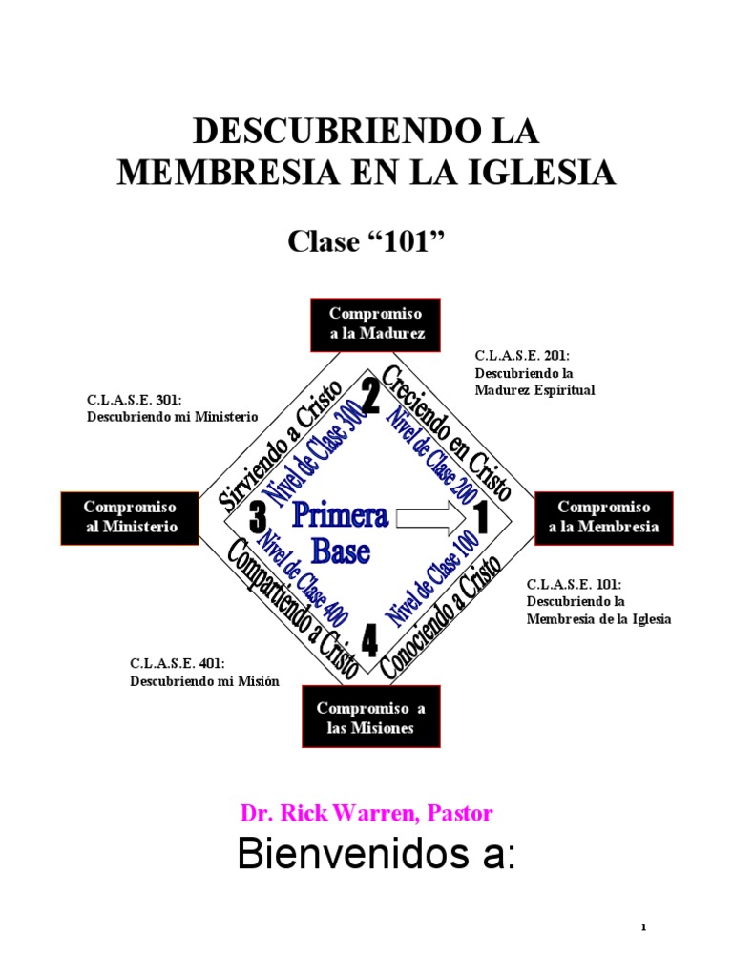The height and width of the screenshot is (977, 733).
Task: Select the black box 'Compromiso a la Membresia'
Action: [x=603, y=518]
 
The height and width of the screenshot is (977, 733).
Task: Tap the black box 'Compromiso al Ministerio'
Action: [x=131, y=518]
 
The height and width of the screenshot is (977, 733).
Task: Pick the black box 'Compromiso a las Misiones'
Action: [x=370, y=718]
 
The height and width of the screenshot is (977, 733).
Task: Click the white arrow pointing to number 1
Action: [x=429, y=518]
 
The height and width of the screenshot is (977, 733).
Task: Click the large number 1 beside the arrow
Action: [x=480, y=519]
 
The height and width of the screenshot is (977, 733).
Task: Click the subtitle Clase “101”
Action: [x=366, y=243]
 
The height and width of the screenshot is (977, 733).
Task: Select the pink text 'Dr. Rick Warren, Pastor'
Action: [x=366, y=814]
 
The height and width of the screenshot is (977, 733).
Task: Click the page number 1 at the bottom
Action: [x=644, y=927]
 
